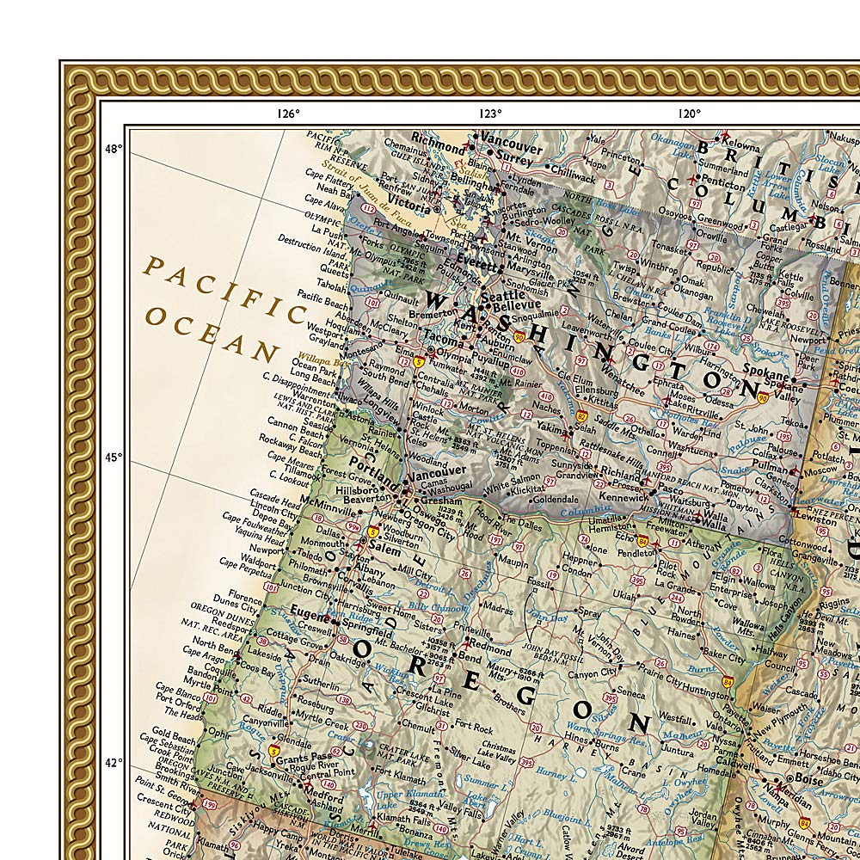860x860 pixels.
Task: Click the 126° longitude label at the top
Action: click(x=287, y=113)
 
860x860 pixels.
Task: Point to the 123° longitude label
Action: click(x=489, y=113)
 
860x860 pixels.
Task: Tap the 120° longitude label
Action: click(x=688, y=113)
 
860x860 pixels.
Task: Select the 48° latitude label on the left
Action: click(x=114, y=149)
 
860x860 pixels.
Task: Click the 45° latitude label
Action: click(x=114, y=457)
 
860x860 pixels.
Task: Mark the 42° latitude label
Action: click(x=114, y=762)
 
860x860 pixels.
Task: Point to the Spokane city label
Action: click(x=765, y=376)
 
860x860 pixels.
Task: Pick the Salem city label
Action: click(x=385, y=548)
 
